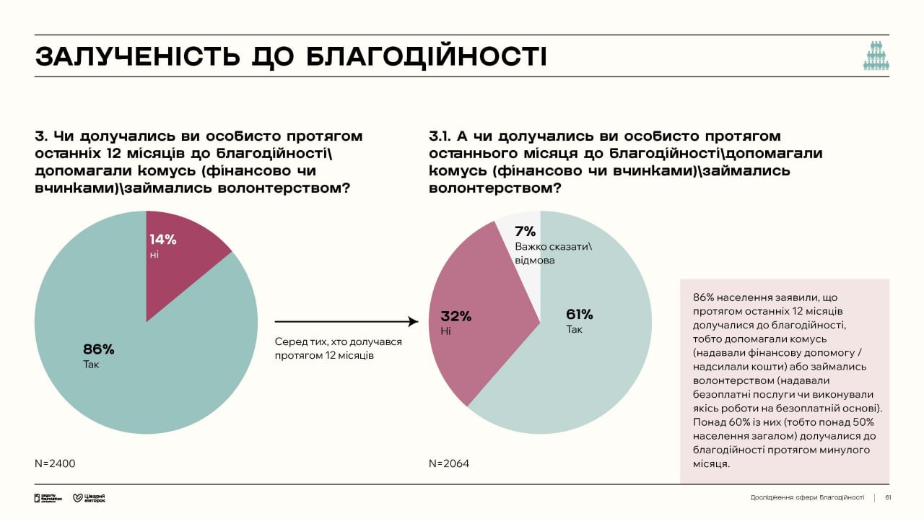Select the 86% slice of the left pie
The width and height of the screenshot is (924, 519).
pos(144,375)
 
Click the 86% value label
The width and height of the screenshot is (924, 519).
pos(99,349)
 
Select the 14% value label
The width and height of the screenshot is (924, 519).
pos(163,239)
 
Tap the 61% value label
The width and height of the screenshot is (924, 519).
pos(580,314)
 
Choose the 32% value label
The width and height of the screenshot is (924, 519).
pos(456,315)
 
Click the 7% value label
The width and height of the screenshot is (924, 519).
pos(525,231)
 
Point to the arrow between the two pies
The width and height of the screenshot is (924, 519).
pos(346,322)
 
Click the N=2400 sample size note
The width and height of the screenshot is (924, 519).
pos(55,463)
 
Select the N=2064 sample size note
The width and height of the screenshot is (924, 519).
pos(449,463)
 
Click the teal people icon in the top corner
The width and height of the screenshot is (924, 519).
pos(876,56)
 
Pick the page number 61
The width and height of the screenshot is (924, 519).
pos(888,497)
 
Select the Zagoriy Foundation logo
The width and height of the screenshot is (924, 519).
pos(48,498)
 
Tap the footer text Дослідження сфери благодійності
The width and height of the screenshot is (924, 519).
pos(807,497)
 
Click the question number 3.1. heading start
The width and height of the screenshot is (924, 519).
pos(442,136)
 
